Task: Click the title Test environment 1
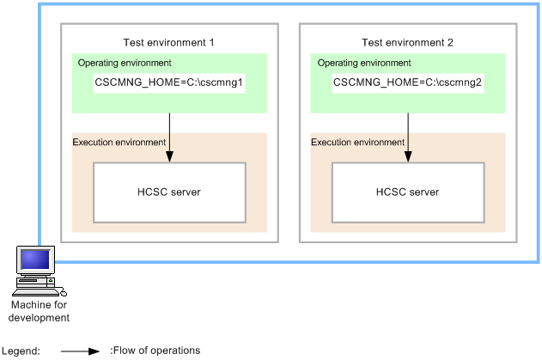tap(169, 42)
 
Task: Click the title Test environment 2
tap(408, 42)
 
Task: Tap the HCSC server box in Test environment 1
tap(169, 192)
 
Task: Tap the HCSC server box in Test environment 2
tap(407, 192)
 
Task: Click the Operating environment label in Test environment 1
tap(124, 63)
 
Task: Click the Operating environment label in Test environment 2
tap(363, 63)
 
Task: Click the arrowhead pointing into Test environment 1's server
tap(169, 156)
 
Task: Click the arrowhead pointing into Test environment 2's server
tap(407, 156)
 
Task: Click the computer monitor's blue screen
tap(35, 259)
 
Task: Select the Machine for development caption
tap(39, 311)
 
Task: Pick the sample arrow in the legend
tap(81, 351)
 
